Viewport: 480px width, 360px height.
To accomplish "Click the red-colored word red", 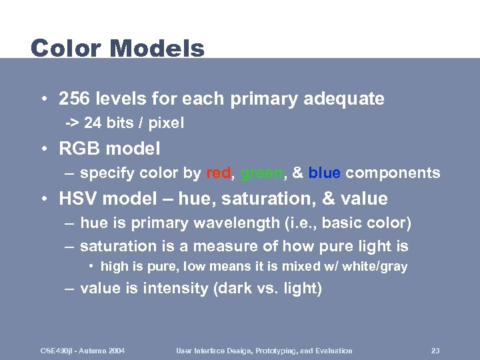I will pyautogui.click(x=218, y=173).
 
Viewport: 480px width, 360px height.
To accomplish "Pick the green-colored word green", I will pyautogui.click(x=261, y=173).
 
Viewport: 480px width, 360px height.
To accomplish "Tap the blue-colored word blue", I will pyautogui.click(x=325, y=173).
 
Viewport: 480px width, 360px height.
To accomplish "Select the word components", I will pyautogui.click(x=393, y=173).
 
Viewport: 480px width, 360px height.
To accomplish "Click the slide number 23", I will pyautogui.click(x=435, y=351).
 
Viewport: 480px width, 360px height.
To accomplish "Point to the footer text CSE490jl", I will pyautogui.click(x=57, y=351).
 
